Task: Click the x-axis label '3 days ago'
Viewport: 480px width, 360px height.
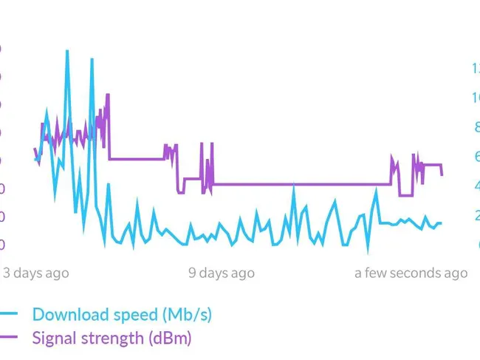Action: click(36, 273)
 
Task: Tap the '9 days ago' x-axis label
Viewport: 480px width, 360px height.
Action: click(222, 273)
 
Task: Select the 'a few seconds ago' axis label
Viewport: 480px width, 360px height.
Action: click(411, 273)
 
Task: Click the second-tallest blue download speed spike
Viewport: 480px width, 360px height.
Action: click(92, 59)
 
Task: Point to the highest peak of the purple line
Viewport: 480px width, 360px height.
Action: click(108, 95)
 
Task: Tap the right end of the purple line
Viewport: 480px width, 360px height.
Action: click(442, 174)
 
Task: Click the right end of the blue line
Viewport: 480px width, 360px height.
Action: click(441, 223)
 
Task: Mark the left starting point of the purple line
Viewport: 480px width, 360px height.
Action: click(35, 149)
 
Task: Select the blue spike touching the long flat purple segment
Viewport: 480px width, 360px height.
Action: click(294, 186)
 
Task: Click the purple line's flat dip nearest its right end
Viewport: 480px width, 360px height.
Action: click(405, 195)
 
